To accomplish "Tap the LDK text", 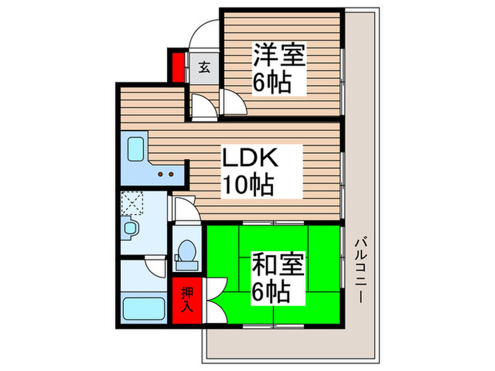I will click(252, 158).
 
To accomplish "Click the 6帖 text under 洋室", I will click(272, 83).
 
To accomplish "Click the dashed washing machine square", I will click(132, 204).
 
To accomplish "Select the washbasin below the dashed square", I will click(130, 228).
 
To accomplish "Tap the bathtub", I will click(144, 310).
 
